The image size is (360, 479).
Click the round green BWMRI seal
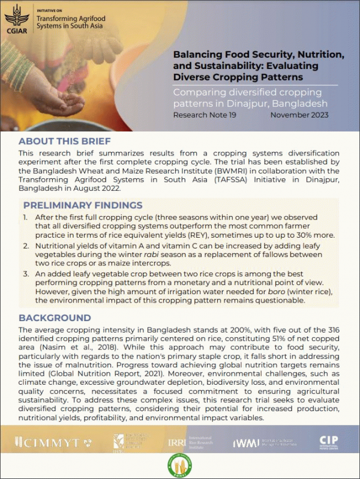pos(180,466)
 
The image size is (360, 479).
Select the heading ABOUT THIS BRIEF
pos(65,142)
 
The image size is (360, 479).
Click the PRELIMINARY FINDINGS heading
pos(83,205)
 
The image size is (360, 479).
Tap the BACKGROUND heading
pos(55,318)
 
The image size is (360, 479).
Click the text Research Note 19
pos(205,115)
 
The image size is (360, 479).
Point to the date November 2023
pos(299,115)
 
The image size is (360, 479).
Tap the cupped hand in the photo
pos(63,99)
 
